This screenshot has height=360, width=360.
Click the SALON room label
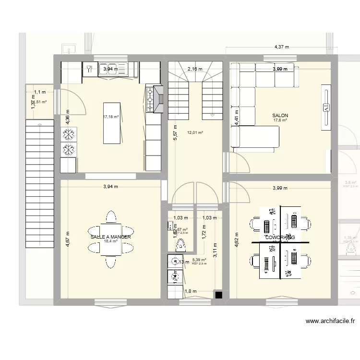pos(280,116)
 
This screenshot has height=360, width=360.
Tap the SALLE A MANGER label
pos(110,237)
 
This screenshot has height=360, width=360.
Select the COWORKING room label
pos(280,238)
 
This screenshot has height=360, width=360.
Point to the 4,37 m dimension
pos(282,47)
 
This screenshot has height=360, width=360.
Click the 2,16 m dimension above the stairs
pos(195,69)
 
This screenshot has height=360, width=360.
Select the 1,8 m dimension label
pos(191,291)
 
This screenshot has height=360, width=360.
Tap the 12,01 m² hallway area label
pos(195,132)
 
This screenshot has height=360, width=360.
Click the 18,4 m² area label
pos(111,242)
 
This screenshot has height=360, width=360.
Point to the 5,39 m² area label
pos(199,260)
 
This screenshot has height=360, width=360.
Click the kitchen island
pos(113,122)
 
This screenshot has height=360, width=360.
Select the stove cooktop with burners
pos(151,99)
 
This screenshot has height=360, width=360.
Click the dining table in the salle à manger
pos(111,239)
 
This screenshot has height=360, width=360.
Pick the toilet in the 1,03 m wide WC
pos(181,246)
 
